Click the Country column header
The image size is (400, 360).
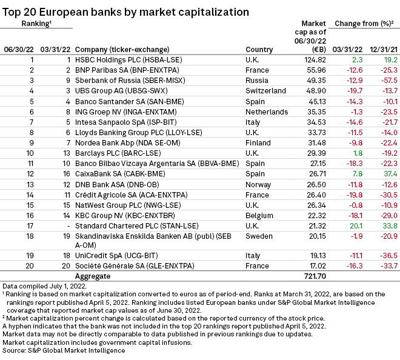coord(259,50)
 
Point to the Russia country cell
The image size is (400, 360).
coord(257,81)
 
